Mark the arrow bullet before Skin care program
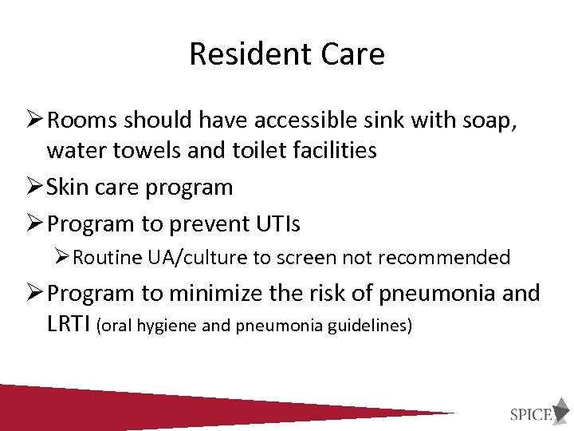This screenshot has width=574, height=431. point(35,188)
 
